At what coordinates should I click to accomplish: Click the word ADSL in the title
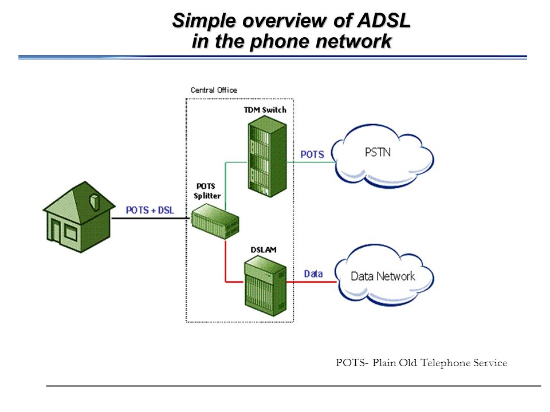pos(384,20)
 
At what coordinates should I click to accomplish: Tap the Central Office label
pos(214,90)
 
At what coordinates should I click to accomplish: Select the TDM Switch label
pos(265,110)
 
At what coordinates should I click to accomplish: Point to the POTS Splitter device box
pos(215,221)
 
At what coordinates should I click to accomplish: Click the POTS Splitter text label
pos(207,191)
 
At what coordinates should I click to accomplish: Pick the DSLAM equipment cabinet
pos(265,286)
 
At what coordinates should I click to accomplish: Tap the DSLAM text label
pos(264,250)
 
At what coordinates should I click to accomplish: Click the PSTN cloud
pos(382,156)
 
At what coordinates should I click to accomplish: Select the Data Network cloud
pos(384,275)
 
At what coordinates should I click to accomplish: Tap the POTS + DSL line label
pos(150,210)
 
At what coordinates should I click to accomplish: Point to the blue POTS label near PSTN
pos(312,154)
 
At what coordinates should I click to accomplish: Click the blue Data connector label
pos(313,274)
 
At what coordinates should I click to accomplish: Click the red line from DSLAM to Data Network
pos(312,282)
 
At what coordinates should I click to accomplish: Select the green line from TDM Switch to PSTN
pos(311,162)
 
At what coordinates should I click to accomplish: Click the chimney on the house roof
pos(95,202)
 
